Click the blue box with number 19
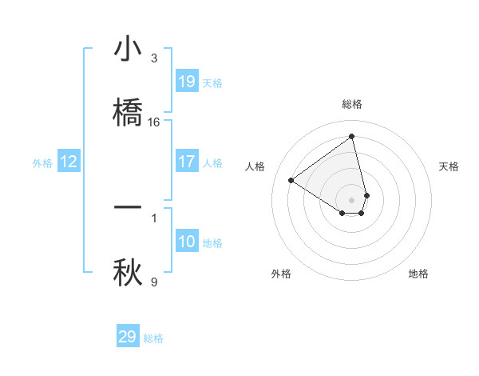[187, 82]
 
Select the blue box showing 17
[187, 162]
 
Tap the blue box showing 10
[187, 242]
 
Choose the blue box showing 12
[69, 162]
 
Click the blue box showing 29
[128, 337]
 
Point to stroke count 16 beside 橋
[154, 122]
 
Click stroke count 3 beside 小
[154, 58]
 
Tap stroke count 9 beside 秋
[154, 282]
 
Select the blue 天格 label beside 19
[212, 83]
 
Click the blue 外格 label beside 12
[42, 163]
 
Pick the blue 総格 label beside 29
[153, 338]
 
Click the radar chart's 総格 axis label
[352, 104]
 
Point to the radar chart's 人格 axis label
[255, 166]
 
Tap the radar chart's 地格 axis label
[418, 274]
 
